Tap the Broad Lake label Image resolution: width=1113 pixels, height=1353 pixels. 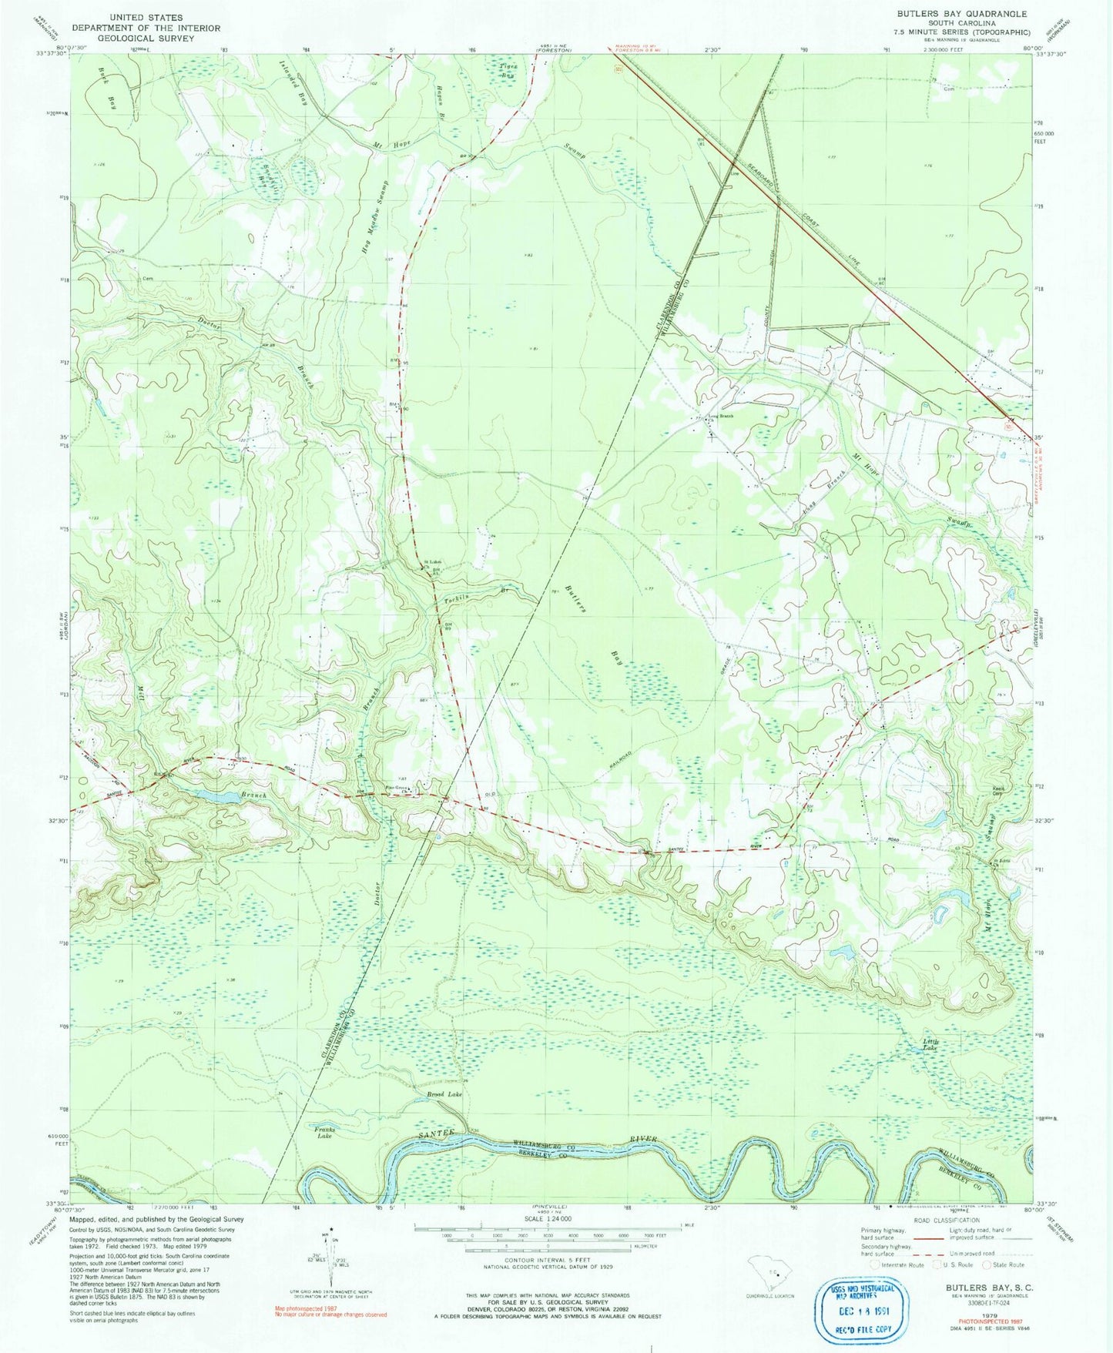click(x=444, y=1094)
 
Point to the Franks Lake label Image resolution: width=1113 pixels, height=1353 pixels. click(x=324, y=1132)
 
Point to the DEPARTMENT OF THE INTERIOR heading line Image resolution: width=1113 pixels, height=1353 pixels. click(x=146, y=28)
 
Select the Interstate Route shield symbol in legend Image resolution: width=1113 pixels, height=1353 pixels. click(x=873, y=1264)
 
